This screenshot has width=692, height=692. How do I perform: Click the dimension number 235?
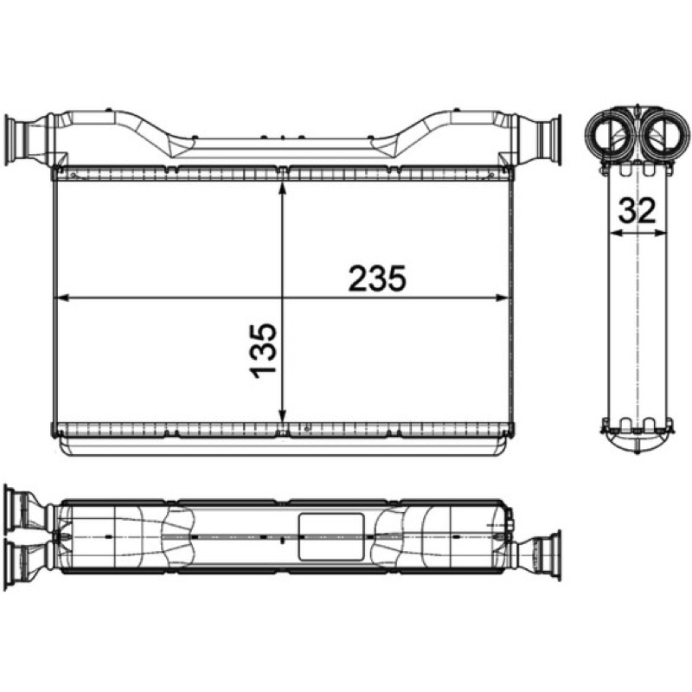[376, 279]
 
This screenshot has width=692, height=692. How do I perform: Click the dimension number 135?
[263, 351]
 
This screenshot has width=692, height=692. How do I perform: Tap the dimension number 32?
[637, 210]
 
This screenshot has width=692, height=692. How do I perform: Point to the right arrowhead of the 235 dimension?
[503, 298]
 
